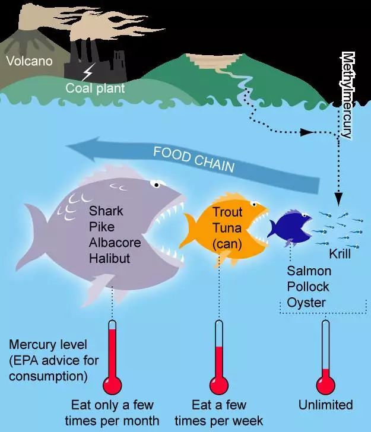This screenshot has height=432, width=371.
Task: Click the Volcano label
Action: pos(29,61)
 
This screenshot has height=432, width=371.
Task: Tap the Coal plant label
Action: pos(95,89)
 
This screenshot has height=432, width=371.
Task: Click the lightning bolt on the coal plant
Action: pos(88,73)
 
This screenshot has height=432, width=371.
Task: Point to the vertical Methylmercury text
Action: pos(347,95)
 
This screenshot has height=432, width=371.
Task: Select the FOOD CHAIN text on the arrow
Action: pos(194,160)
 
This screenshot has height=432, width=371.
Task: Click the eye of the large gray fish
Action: pos(155,183)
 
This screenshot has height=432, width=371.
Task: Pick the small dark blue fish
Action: pos(288,225)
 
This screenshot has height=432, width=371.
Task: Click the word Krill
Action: pos(340,254)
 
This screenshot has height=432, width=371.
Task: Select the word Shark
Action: pos(105,211)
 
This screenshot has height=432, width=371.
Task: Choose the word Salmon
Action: pos(309,271)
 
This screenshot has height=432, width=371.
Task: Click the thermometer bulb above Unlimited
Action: pos(325,385)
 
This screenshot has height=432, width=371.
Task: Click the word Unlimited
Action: pos(325,405)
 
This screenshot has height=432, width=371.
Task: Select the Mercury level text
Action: pos(48,345)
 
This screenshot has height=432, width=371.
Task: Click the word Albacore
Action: pos(113,242)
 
